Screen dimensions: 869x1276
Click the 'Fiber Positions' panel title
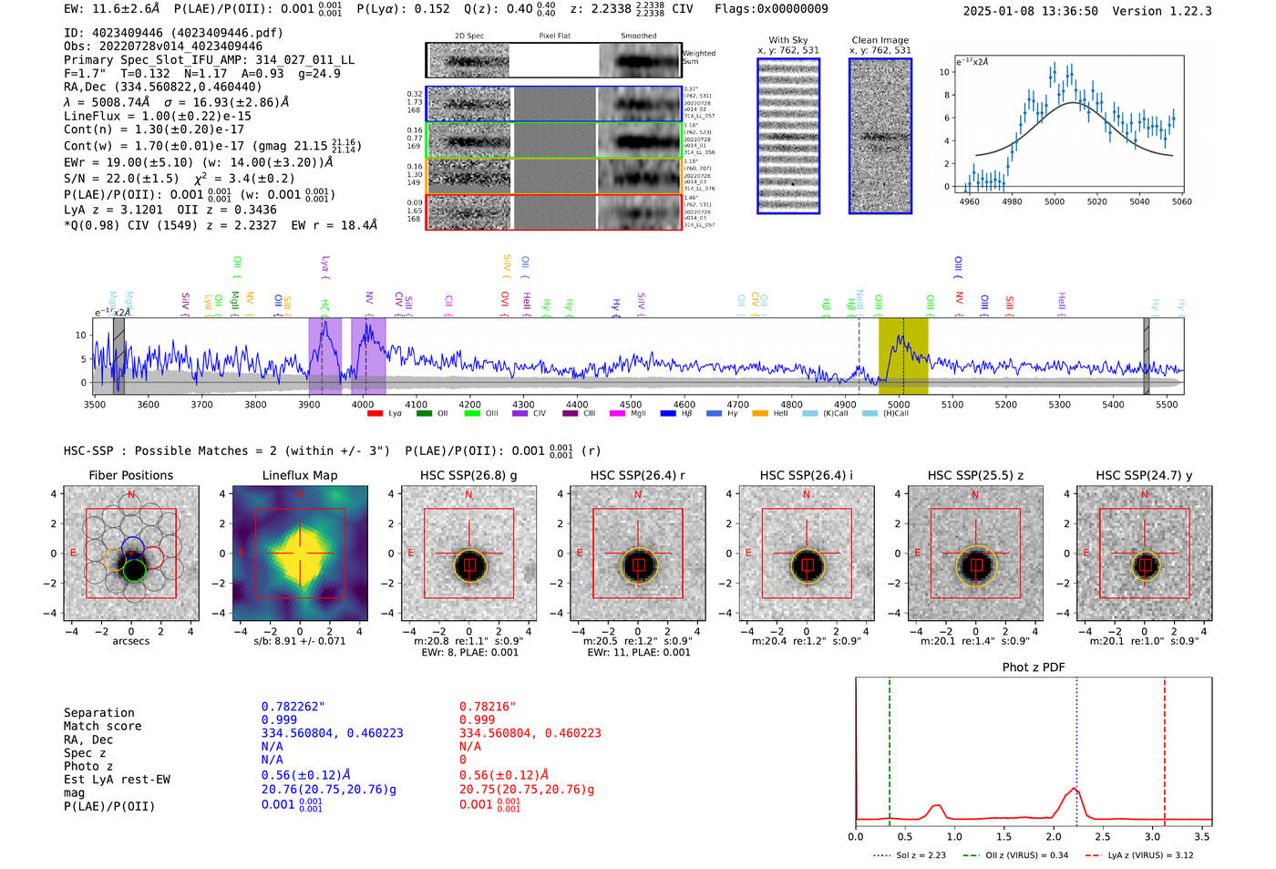(x=130, y=475)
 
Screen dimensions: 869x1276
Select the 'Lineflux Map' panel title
(x=299, y=475)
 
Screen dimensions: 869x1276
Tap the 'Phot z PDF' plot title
(x=1033, y=667)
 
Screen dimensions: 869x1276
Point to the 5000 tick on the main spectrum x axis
(x=899, y=404)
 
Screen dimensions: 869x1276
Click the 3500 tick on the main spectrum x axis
(x=95, y=404)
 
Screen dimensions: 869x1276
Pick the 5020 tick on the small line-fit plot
(x=1096, y=202)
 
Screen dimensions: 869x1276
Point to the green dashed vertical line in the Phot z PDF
(x=889, y=748)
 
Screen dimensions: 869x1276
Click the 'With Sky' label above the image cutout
(x=787, y=40)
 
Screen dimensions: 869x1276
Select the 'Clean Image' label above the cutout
(x=880, y=40)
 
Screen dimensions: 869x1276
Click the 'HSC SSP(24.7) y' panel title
(x=1144, y=475)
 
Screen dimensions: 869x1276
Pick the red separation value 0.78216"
(x=488, y=707)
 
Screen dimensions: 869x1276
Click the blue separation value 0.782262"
(x=293, y=707)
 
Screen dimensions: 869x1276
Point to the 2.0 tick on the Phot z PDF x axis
(x=1053, y=836)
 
